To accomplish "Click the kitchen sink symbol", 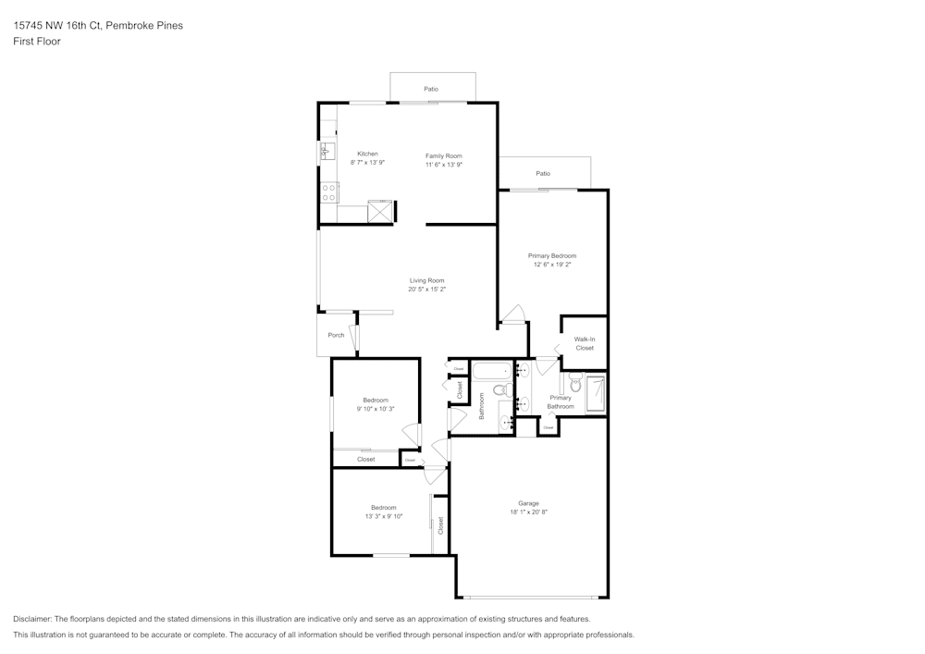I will pyautogui.click(x=326, y=150).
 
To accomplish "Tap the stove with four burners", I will pyautogui.click(x=328, y=192).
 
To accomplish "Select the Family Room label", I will pyautogui.click(x=443, y=155).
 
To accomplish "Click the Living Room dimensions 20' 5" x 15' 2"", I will pyautogui.click(x=427, y=289).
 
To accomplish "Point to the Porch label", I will pyautogui.click(x=336, y=335).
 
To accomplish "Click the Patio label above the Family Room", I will pyautogui.click(x=431, y=89).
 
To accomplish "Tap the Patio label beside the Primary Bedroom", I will pyautogui.click(x=543, y=173).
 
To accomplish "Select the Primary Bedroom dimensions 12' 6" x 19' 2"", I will pyautogui.click(x=552, y=265).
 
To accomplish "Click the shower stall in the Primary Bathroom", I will pyautogui.click(x=595, y=393).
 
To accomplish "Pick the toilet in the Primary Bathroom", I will pyautogui.click(x=574, y=386).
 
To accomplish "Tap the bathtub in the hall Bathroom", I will pyautogui.click(x=491, y=373).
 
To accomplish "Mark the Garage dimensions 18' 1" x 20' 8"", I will pyautogui.click(x=528, y=512).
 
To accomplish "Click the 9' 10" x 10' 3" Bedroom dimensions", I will pyautogui.click(x=376, y=409).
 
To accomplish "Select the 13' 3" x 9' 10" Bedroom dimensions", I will pyautogui.click(x=383, y=516).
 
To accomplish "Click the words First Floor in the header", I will pyautogui.click(x=37, y=42).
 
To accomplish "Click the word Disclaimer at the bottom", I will pyautogui.click(x=32, y=619).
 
